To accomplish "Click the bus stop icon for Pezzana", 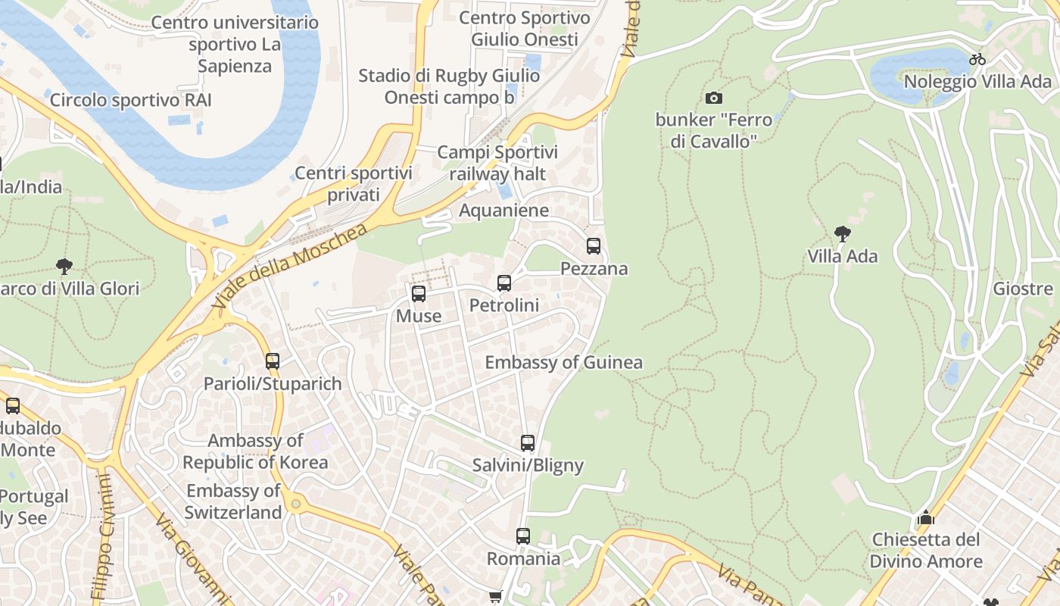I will click(594, 246).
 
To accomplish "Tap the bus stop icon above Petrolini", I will click(504, 283).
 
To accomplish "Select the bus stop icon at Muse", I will click(419, 294).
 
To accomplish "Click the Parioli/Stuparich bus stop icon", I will click(273, 361).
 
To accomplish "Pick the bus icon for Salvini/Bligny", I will click(528, 443).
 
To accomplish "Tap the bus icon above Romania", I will click(523, 536).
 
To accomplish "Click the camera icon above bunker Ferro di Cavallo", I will click(713, 98).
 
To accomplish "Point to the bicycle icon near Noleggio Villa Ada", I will click(977, 59).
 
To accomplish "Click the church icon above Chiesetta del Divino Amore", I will click(925, 518).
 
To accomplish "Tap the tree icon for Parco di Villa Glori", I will click(64, 267).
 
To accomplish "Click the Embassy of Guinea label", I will click(563, 362).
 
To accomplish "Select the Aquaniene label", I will click(503, 210).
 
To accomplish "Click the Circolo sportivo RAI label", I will click(130, 100).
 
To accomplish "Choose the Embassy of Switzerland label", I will click(233, 501).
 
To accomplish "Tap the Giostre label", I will click(1023, 289).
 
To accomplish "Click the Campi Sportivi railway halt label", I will click(497, 163).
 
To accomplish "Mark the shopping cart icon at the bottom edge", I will click(495, 598).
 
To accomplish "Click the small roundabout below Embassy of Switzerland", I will click(295, 503).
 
